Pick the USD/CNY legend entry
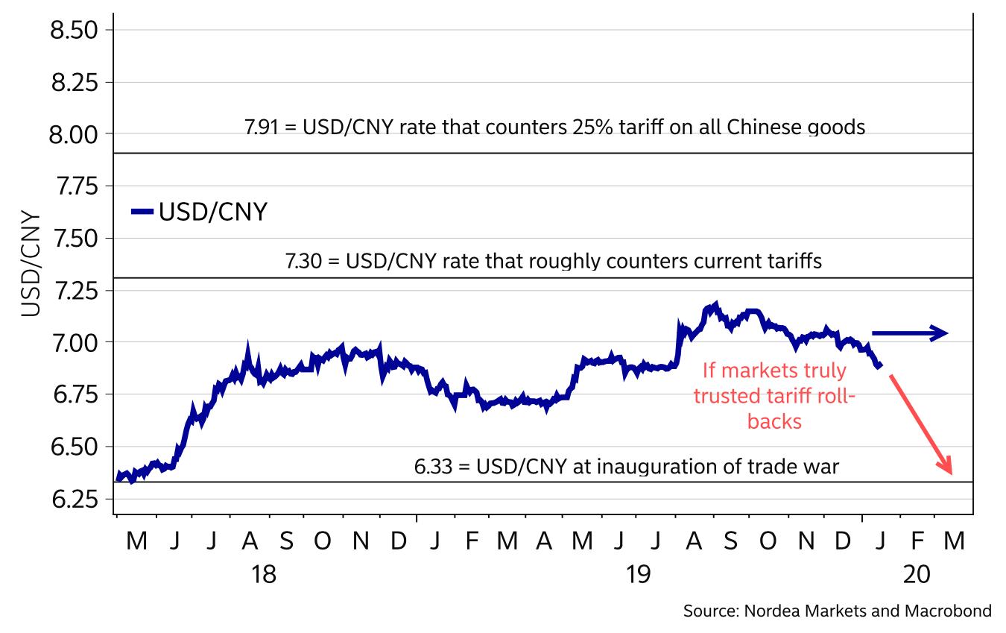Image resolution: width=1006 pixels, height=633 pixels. [199, 212]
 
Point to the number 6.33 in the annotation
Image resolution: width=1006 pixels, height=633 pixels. [430, 467]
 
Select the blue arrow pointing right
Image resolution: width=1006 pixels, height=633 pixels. [909, 333]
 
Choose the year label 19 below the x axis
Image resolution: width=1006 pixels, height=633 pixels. [638, 576]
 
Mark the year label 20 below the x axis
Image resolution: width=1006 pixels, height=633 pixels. [916, 576]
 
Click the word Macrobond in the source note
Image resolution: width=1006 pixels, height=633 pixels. [948, 611]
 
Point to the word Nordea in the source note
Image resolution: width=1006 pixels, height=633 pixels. [766, 611]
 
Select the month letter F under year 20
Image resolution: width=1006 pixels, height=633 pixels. [917, 541]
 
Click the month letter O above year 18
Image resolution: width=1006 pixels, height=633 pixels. [322, 541]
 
